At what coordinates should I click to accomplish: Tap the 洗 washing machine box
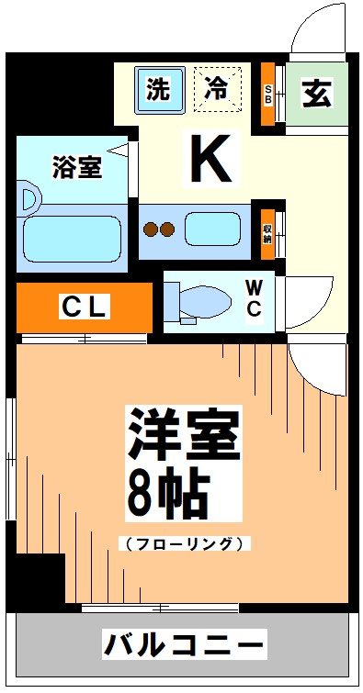[159, 90]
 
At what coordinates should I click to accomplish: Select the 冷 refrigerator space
[217, 90]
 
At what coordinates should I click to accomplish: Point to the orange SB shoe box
[267, 95]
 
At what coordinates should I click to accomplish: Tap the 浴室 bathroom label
[76, 167]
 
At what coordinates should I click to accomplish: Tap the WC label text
[255, 297]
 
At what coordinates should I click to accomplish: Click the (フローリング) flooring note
[184, 543]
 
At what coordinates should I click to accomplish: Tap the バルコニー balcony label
[184, 643]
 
